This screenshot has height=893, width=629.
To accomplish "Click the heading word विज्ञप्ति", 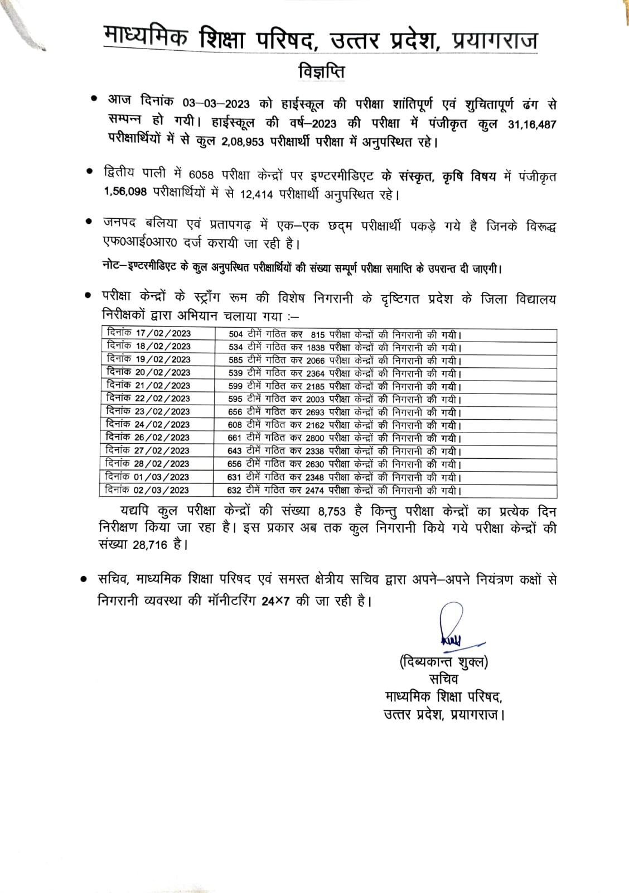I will pyautogui.click(x=320, y=73).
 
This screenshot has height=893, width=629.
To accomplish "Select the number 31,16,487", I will pyautogui.click(x=532, y=124).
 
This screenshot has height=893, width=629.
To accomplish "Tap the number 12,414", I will pyautogui.click(x=251, y=195).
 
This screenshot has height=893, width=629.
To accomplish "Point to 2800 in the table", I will pyautogui.click(x=315, y=438).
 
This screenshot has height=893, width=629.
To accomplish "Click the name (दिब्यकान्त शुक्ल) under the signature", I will pyautogui.click(x=443, y=662).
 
